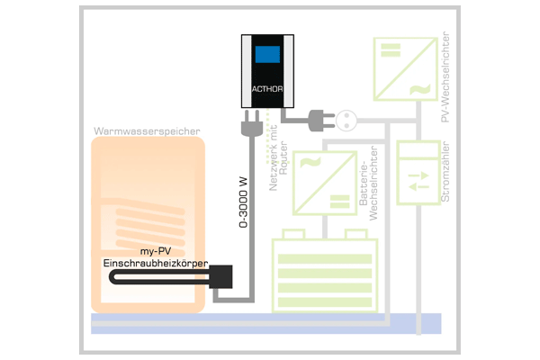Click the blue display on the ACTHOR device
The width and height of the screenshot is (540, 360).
[267, 54]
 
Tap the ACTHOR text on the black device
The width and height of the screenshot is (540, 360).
[267, 89]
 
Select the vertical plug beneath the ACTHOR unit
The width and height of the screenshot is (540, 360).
[252, 123]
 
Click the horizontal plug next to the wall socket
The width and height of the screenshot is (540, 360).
[321, 121]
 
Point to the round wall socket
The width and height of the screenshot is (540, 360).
[346, 121]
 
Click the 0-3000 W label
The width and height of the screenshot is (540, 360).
[243, 202]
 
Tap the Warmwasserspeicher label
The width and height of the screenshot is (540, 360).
[147, 130]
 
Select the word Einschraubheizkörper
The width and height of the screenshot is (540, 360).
[156, 263]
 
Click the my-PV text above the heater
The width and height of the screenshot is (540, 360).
[156, 251]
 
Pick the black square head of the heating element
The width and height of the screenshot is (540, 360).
[220, 276]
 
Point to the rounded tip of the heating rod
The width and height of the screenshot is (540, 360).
[112, 277]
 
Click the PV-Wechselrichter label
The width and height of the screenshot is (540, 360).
[445, 76]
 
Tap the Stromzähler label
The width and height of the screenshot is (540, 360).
[445, 172]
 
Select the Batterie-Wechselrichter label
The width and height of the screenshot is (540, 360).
[368, 184]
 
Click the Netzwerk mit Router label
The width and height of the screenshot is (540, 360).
[278, 157]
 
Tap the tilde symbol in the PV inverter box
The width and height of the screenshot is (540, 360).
[419, 89]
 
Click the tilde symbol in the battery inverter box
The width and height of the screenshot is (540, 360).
[310, 162]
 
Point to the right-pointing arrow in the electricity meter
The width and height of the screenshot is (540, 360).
[418, 175]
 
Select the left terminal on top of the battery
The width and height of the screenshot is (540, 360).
[293, 234]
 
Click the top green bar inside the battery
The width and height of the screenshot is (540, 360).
[325, 258]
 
